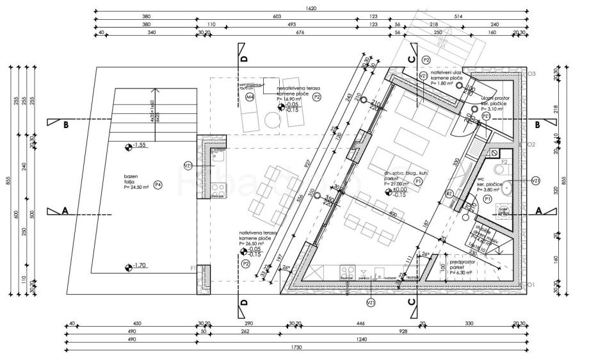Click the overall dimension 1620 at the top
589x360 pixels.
[312, 8]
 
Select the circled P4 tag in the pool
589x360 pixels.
[157, 184]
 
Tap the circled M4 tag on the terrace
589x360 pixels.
[250, 97]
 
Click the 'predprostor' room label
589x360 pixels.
[463, 261]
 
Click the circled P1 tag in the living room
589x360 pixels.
[417, 182]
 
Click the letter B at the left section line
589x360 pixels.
[66, 126]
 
